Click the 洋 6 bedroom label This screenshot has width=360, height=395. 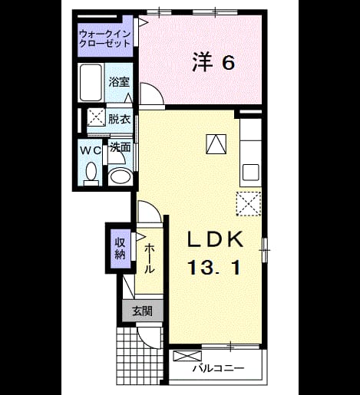click(x=213, y=62)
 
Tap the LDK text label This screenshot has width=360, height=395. click(x=215, y=239)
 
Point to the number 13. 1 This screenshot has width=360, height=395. click(x=214, y=267)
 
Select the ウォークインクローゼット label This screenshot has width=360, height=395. click(x=105, y=38)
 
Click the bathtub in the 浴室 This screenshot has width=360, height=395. click(x=91, y=82)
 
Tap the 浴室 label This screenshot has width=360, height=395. click(x=119, y=82)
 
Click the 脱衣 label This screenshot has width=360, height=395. click(x=120, y=119)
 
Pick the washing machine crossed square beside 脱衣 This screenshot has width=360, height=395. click(x=96, y=117)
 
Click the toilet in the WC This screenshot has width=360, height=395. click(x=91, y=174)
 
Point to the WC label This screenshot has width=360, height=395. click(x=91, y=150)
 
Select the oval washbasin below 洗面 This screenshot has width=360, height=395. click(x=120, y=176)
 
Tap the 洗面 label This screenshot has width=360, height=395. click(x=121, y=147)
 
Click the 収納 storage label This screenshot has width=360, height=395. click(x=120, y=249)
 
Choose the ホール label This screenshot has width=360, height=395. click(x=150, y=258)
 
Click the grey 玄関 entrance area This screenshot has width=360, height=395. click(x=143, y=311)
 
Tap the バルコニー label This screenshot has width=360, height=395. click(x=219, y=368)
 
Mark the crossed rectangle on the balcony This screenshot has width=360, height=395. click(x=187, y=356)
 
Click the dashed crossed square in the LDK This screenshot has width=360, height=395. click(x=249, y=204)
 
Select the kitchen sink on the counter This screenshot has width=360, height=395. click(x=251, y=173)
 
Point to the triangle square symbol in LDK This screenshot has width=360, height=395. click(x=216, y=144)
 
